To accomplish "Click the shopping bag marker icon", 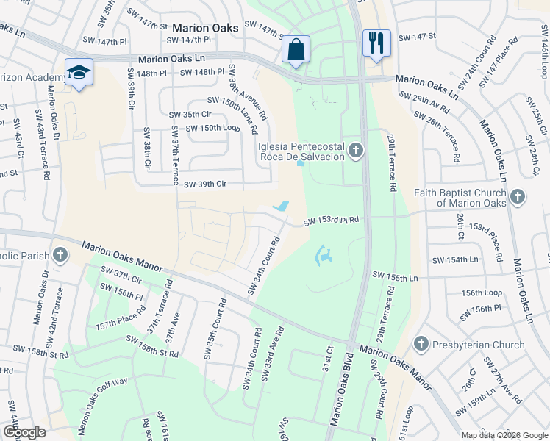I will pos(295,50).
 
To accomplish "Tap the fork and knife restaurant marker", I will pos(376,42).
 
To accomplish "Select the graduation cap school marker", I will pos(79,72).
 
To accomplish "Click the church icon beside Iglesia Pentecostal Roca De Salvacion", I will pos(356,151).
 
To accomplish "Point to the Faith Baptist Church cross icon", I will pos(518,197).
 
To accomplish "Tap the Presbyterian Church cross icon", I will pos(421,344).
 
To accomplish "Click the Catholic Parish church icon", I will pos(60,256).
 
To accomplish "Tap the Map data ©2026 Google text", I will pos(504,435).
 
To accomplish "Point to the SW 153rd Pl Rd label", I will pos(332,220).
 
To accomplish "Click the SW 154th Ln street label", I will pos(455,260).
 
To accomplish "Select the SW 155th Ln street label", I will pos(395,277).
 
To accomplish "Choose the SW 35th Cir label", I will pos(190,115).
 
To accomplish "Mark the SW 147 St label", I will pos(417,37).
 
